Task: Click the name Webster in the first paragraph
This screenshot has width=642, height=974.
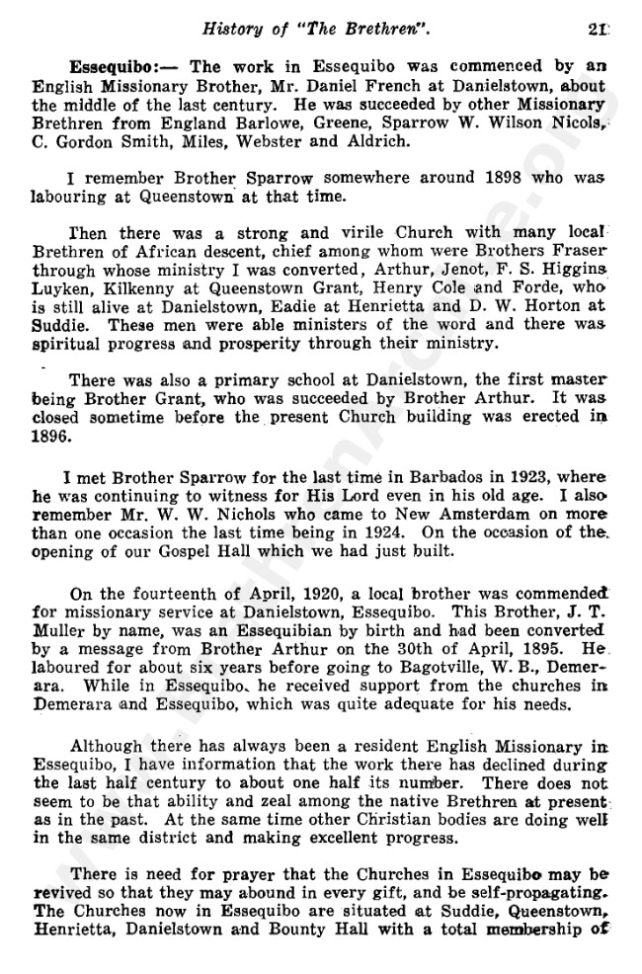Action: pos(374,140)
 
